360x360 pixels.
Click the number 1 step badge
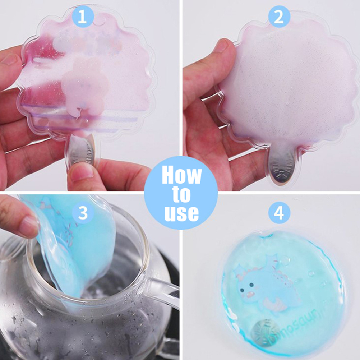[83, 17]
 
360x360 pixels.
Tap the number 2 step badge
[279, 17]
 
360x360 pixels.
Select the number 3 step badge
[83, 213]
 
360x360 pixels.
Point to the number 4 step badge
[279, 213]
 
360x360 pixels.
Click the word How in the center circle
[181, 175]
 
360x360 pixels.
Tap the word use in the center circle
[181, 213]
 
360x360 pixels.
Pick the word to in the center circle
[181, 195]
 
